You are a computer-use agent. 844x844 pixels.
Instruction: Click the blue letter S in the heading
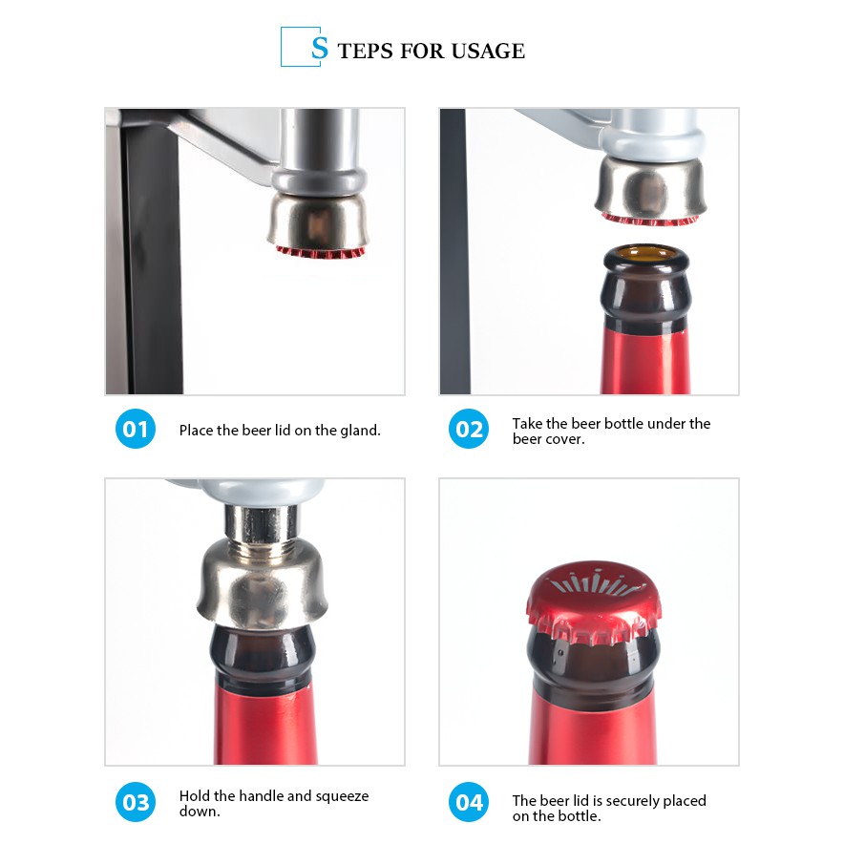pos(319,48)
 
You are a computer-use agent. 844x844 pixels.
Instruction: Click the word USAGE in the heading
pos(488,52)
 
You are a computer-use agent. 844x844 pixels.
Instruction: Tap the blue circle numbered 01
pos(136,429)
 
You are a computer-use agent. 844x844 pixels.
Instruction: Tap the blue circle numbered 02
pos(469,429)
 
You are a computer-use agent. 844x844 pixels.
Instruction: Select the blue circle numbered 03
pos(136,802)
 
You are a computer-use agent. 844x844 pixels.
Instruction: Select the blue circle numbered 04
pos(469,802)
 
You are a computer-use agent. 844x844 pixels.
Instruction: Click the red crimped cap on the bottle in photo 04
pos(594,601)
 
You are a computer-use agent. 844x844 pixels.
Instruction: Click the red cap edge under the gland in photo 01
pos(321,251)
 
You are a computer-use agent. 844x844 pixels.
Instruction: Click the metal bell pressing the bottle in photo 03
pos(263,585)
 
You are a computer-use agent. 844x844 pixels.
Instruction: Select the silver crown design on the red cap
pos(593,583)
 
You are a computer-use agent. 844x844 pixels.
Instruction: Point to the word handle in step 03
pos(262,796)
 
